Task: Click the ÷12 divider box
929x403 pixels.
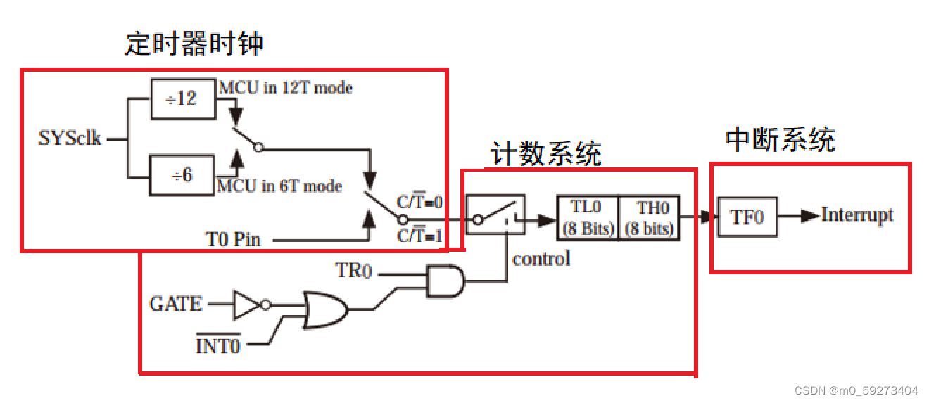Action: pyautogui.click(x=181, y=98)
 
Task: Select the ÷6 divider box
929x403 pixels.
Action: pyautogui.click(x=181, y=175)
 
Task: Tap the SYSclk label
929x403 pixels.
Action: pyautogui.click(x=70, y=138)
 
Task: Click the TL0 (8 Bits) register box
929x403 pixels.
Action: pyautogui.click(x=586, y=218)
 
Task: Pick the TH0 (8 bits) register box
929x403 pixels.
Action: pyautogui.click(x=649, y=218)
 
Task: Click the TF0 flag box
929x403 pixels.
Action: pyautogui.click(x=747, y=216)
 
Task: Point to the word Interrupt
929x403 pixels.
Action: pyautogui.click(x=857, y=215)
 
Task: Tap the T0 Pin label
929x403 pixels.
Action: pyautogui.click(x=233, y=239)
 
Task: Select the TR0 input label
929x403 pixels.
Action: pyautogui.click(x=354, y=269)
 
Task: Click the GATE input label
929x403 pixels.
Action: pyautogui.click(x=176, y=304)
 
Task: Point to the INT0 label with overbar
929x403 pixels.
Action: pyautogui.click(x=217, y=345)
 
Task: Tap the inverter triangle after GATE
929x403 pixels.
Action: pyautogui.click(x=247, y=305)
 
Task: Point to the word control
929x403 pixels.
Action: pyautogui.click(x=541, y=259)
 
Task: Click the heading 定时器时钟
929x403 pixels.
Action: pyautogui.click(x=194, y=44)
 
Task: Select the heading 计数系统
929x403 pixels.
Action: pyautogui.click(x=546, y=154)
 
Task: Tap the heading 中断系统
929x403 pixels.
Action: pyautogui.click(x=780, y=140)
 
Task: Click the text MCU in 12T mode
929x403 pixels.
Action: pyautogui.click(x=285, y=88)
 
